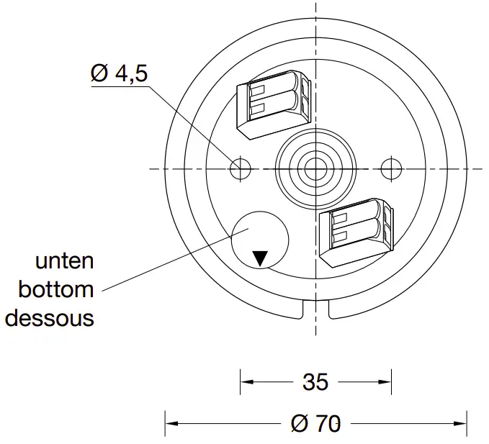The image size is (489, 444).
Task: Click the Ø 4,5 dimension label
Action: (121, 73)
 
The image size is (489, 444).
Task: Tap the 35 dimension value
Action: (315, 381)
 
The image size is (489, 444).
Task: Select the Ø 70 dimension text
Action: (315, 423)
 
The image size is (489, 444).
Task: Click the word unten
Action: (64, 260)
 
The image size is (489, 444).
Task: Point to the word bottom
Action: (56, 289)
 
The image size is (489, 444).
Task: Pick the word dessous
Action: (49, 317)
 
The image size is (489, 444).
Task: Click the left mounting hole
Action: (240, 168)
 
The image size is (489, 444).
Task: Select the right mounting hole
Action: (391, 168)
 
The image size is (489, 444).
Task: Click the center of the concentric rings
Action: (315, 168)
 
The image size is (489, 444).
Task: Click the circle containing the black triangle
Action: (259, 238)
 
